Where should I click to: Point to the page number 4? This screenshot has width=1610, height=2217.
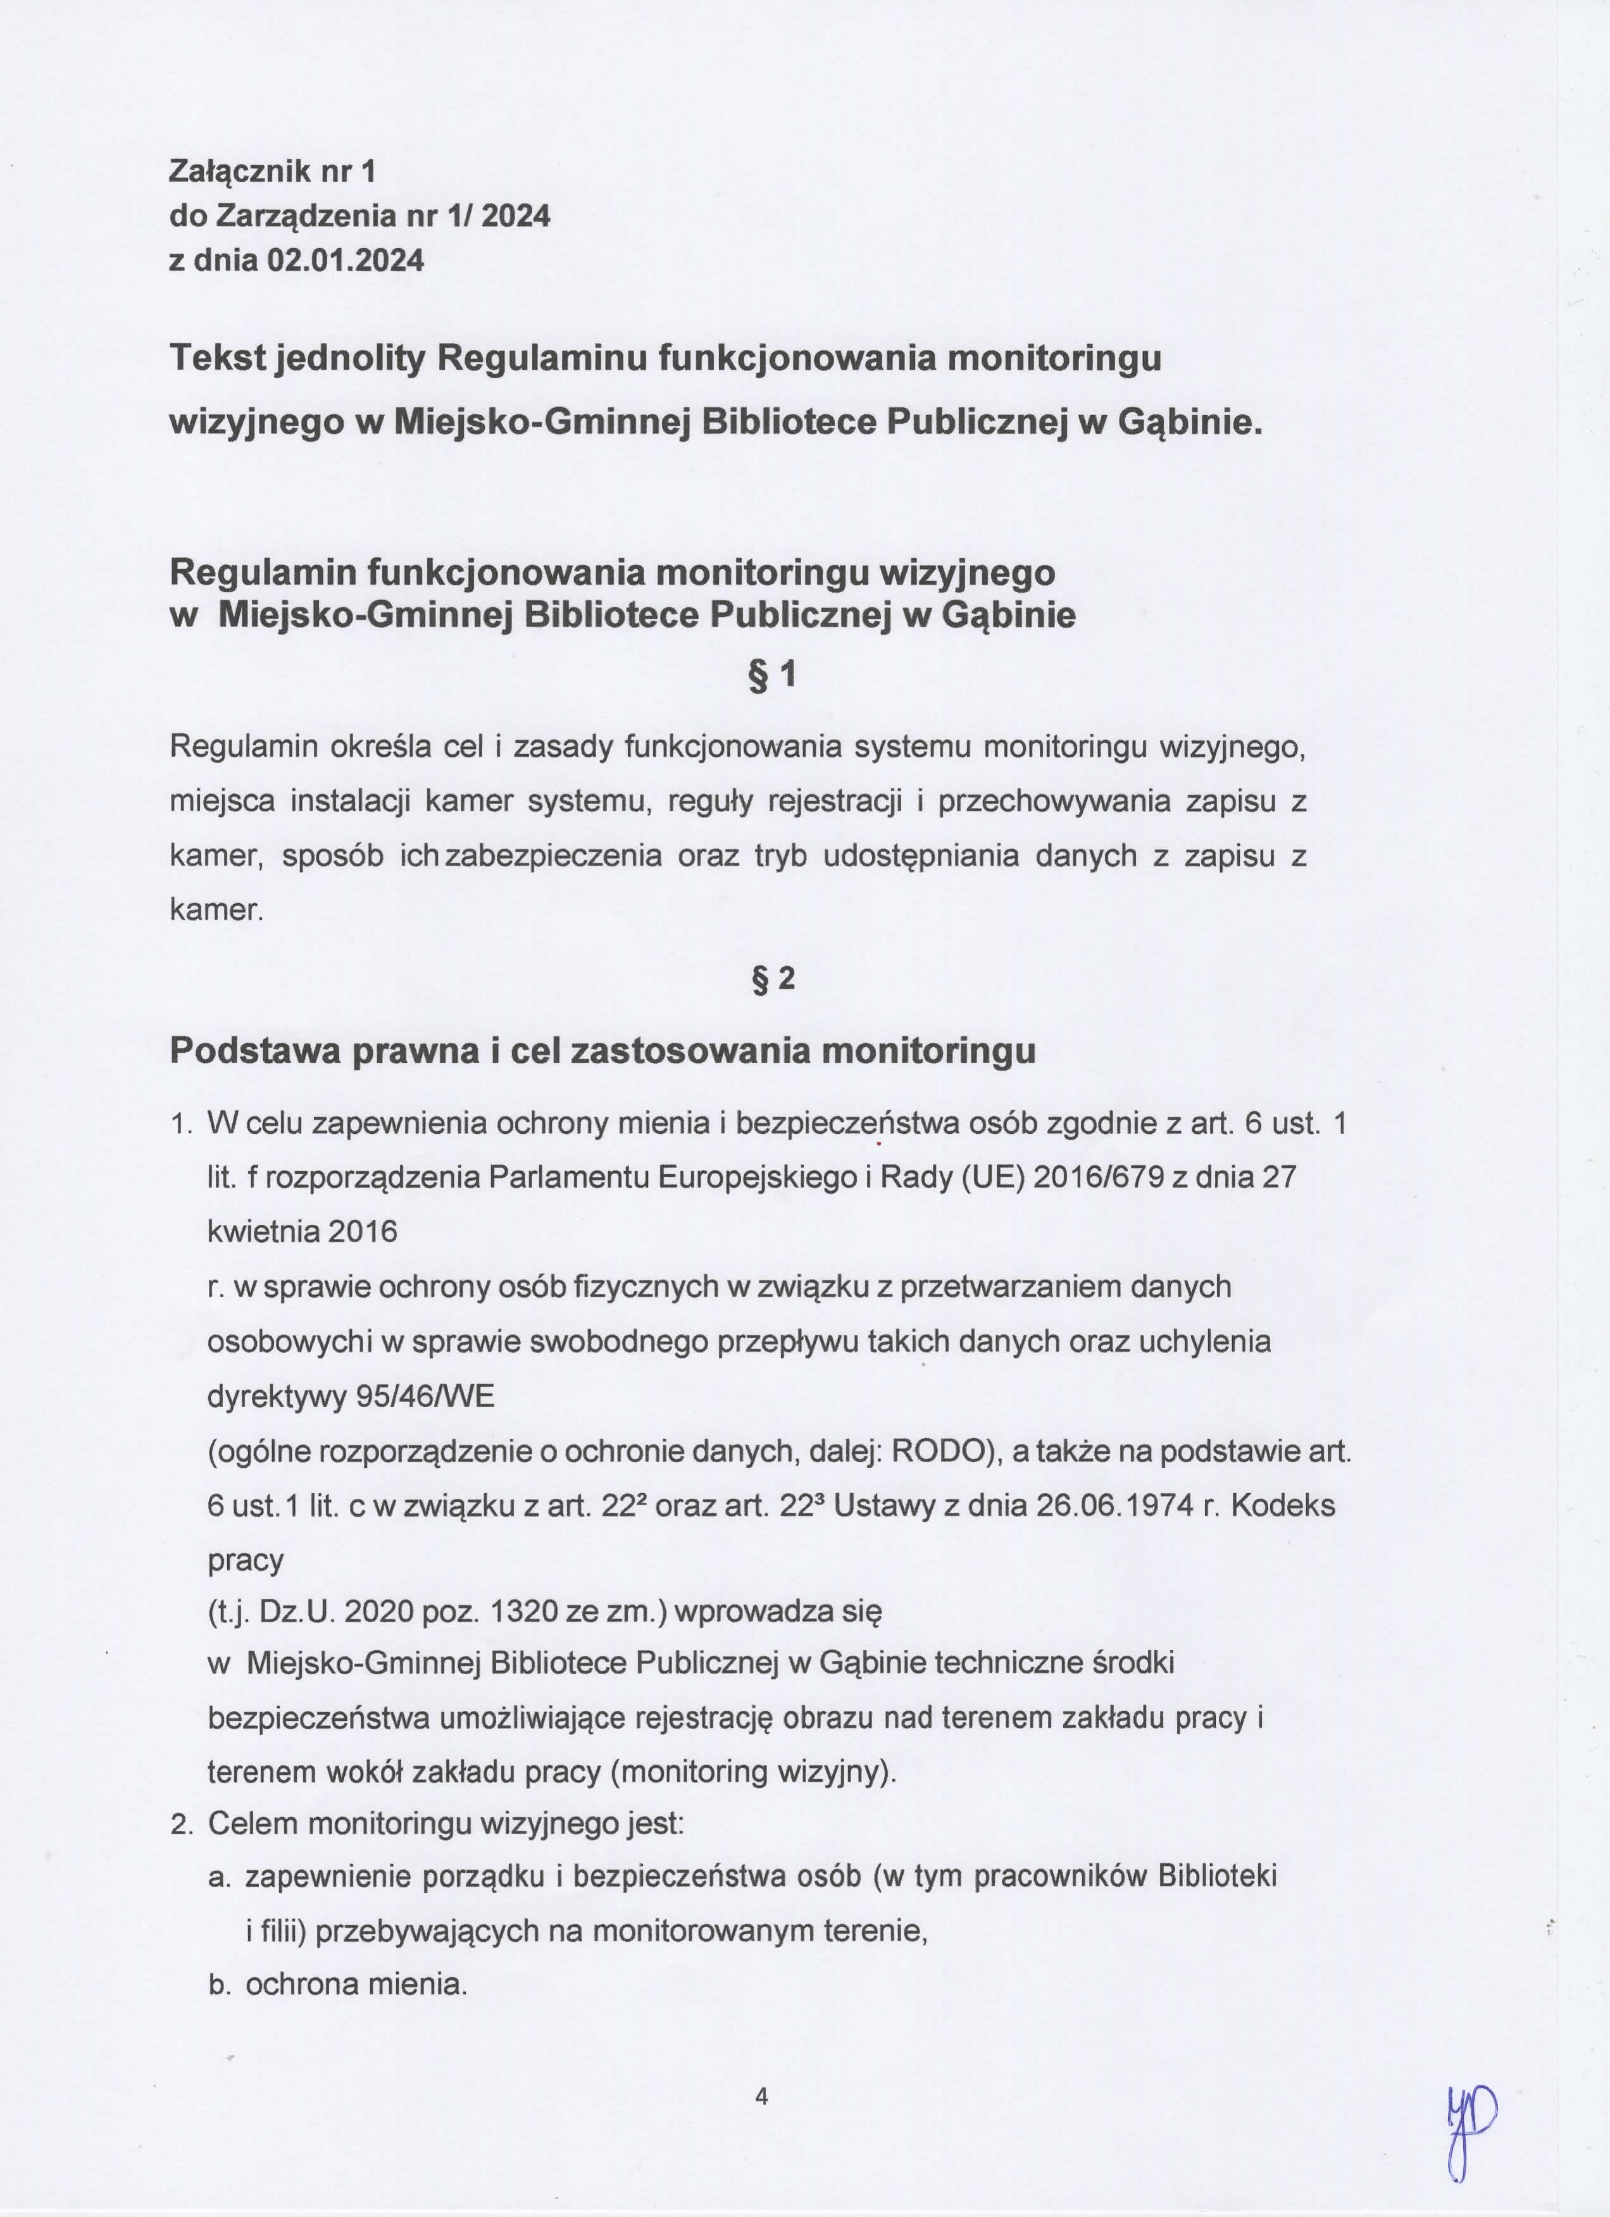(x=761, y=2123)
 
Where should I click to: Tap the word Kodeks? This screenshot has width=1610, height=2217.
(x=1283, y=1505)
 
